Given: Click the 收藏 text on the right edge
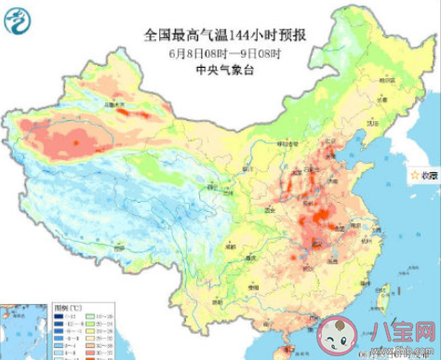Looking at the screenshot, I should (x=427, y=174).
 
